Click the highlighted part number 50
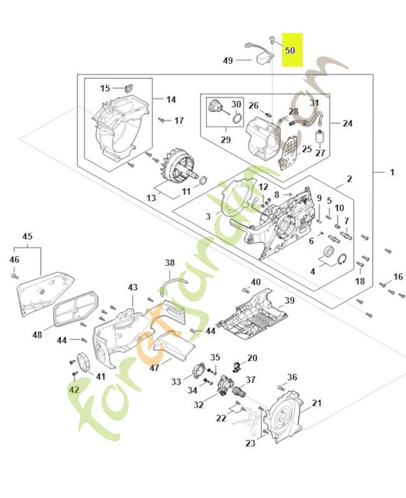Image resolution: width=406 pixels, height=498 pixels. click(x=290, y=50)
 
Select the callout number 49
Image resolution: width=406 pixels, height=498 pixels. click(x=228, y=60)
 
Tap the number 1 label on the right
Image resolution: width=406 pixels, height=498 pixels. click(x=392, y=171)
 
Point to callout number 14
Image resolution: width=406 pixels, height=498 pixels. click(x=171, y=99)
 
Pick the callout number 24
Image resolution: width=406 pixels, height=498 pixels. click(x=347, y=123)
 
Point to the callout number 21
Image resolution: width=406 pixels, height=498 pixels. click(x=316, y=403)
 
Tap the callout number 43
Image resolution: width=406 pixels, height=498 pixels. click(x=133, y=287)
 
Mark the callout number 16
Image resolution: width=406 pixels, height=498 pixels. click(x=398, y=276)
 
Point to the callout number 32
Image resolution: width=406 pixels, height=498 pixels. click(x=199, y=405)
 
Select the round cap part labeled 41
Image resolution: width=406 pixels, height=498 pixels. click(x=81, y=362)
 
